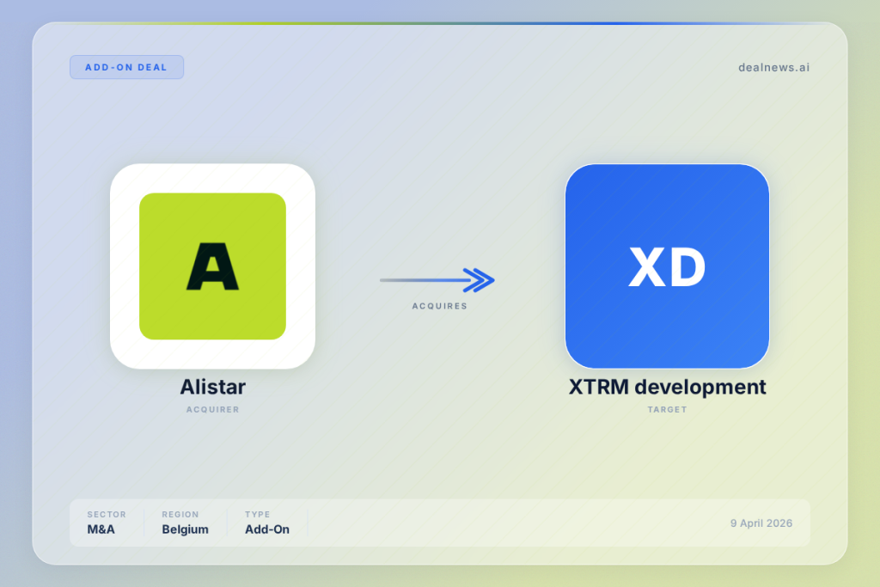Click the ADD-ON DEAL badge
[x=126, y=67]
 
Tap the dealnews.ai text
[x=773, y=67]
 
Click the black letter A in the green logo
[x=213, y=266]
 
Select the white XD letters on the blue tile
[x=667, y=267]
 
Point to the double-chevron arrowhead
[x=480, y=280]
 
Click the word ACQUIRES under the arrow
[x=439, y=306]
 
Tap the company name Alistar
[x=213, y=387]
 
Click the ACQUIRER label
[x=213, y=410]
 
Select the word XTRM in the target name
[x=598, y=387]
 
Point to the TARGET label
[x=667, y=410]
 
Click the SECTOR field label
[x=107, y=515]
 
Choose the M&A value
[x=101, y=529]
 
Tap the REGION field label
[x=180, y=515]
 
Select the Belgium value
[x=186, y=529]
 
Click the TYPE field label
[x=257, y=515]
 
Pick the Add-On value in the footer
[x=267, y=529]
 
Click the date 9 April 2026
[x=761, y=523]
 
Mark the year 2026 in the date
[x=779, y=523]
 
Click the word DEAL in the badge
[x=152, y=67]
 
